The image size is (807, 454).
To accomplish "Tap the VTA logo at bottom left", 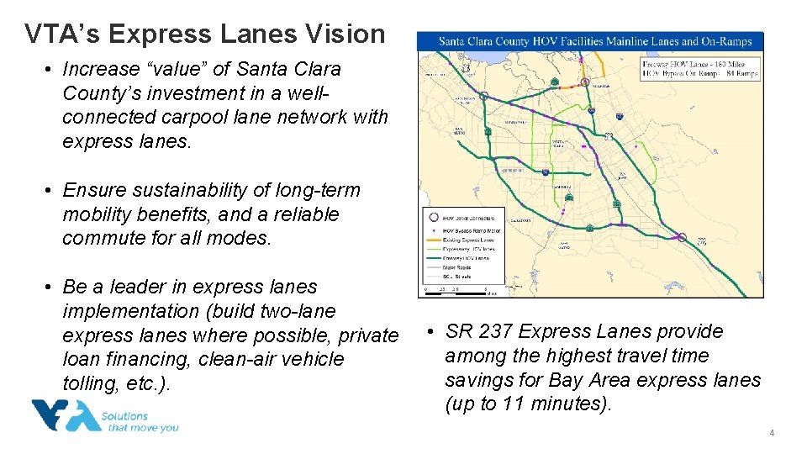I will pyautogui.click(x=66, y=416).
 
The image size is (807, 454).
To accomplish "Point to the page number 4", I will pyautogui.click(x=771, y=433).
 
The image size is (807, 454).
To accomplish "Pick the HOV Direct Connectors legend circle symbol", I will pyautogui.click(x=433, y=218).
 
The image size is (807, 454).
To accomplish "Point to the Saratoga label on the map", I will pyautogui.click(x=521, y=220).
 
